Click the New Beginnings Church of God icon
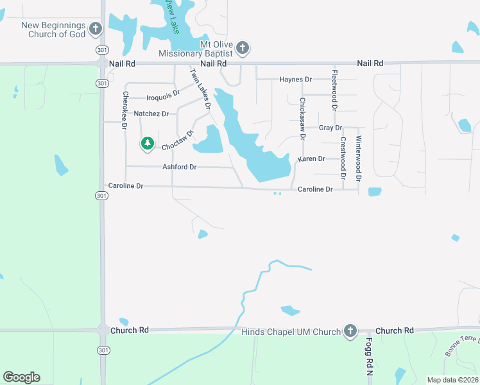pyautogui.click(x=96, y=28)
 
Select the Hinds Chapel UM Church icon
pyautogui.click(x=350, y=330)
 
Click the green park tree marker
pyautogui.click(x=148, y=143)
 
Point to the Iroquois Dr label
pyautogui.click(x=163, y=98)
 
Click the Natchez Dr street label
pyautogui.click(x=151, y=114)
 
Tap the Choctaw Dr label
pyautogui.click(x=178, y=141)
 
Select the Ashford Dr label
pyautogui.click(x=179, y=167)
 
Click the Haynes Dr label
pyautogui.click(x=295, y=80)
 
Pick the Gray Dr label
pyautogui.click(x=330, y=128)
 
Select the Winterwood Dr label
pyautogui.click(x=359, y=157)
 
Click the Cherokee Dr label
pyautogui.click(x=124, y=110)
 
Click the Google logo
pyautogui.click(x=21, y=377)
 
